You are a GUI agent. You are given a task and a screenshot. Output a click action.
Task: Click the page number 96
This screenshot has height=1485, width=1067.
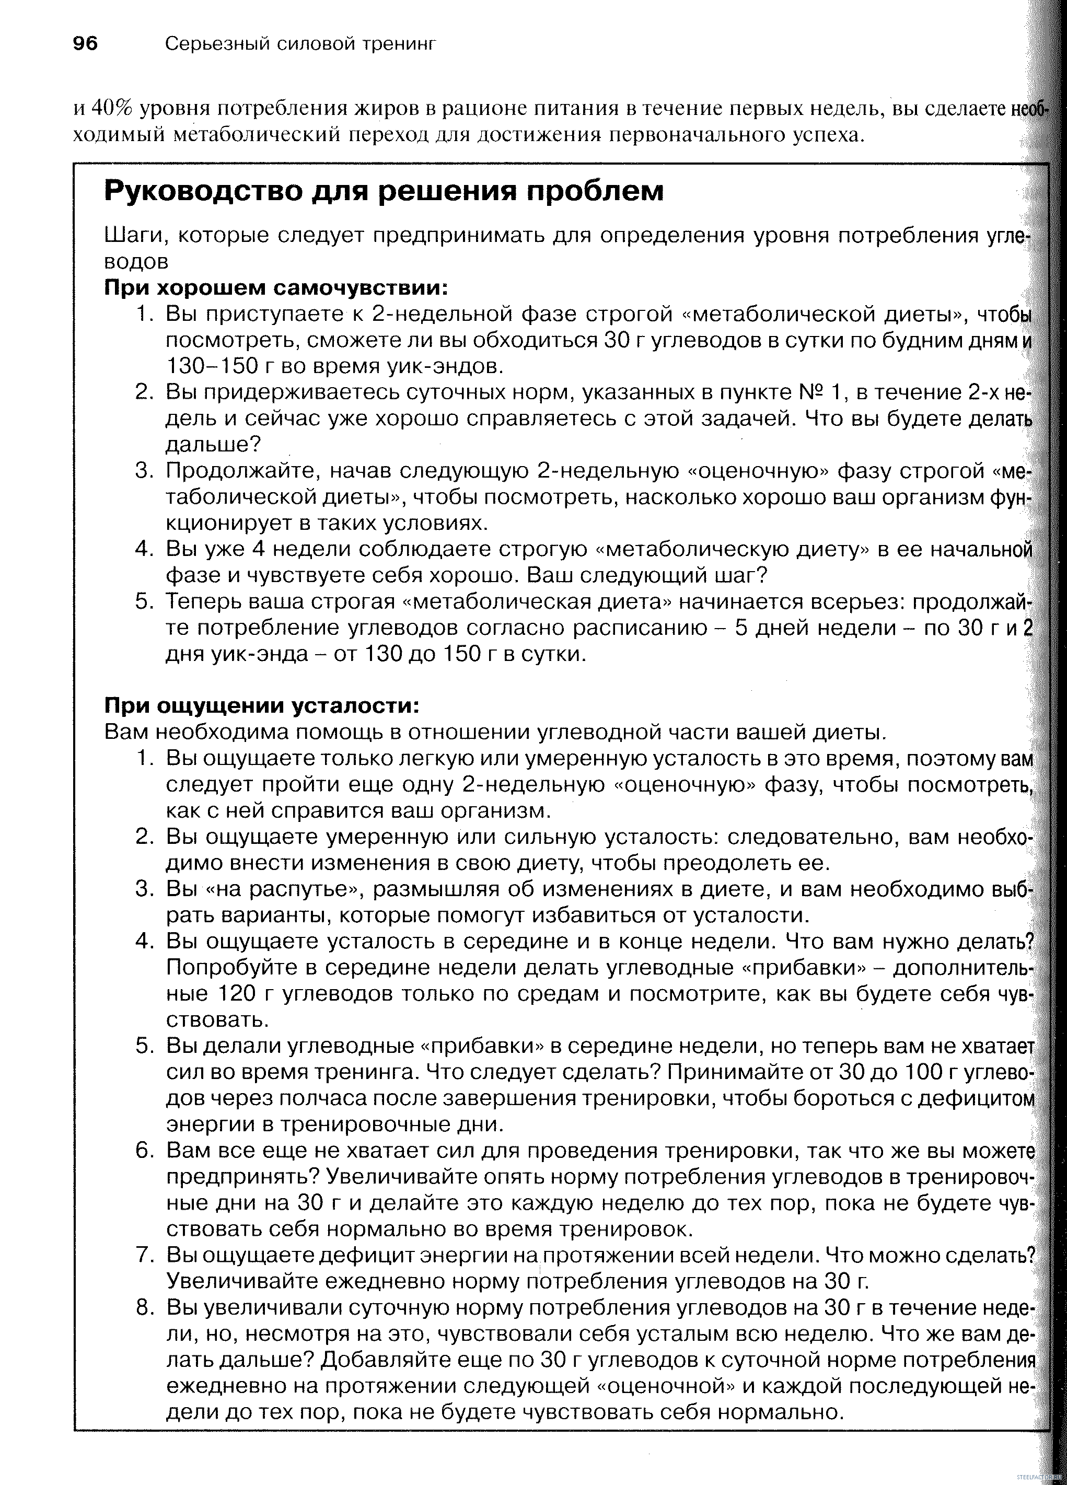point(85,44)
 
